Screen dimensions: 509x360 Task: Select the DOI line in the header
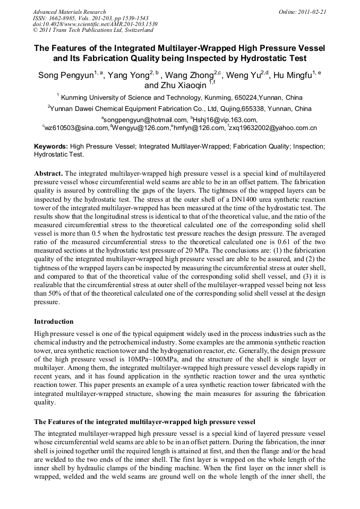pos(96,24)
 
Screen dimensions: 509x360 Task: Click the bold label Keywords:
pos(51,146)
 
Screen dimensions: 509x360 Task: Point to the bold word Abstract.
pos(48,174)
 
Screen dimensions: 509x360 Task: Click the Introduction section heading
pos(54,322)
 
